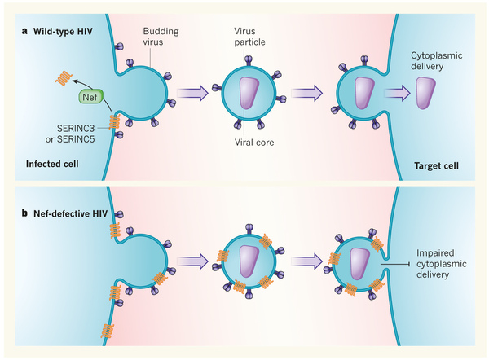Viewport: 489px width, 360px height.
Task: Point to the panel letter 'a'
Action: (x=26, y=33)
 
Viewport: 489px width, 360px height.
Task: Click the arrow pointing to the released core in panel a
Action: (x=397, y=94)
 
